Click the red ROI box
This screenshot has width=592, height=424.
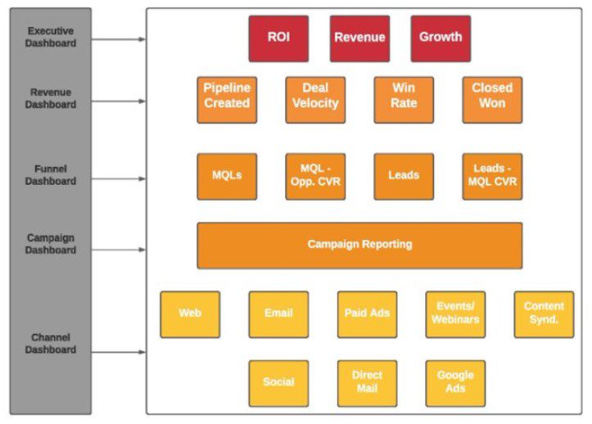click(278, 38)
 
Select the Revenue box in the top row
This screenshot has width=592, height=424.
click(359, 38)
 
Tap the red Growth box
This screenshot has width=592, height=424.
click(441, 38)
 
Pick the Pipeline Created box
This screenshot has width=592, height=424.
click(227, 100)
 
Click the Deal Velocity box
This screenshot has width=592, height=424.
click(315, 100)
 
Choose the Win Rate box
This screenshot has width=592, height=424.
click(404, 100)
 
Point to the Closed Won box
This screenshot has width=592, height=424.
click(492, 100)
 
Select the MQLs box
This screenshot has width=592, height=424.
click(227, 176)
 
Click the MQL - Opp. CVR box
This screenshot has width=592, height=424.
click(315, 176)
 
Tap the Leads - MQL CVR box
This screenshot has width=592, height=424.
click(492, 176)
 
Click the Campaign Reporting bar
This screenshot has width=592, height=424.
click(359, 245)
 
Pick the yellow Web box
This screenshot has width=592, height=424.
click(190, 314)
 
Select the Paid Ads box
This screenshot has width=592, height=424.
click(367, 314)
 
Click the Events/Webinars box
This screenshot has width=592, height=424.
click(455, 314)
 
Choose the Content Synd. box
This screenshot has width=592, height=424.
click(544, 314)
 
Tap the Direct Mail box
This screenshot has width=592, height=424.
click(367, 383)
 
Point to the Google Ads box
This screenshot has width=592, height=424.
click(455, 383)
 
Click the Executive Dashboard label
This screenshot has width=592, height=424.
click(50, 38)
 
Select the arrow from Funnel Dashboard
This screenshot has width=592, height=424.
click(119, 176)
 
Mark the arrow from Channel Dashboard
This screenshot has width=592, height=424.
click(119, 352)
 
